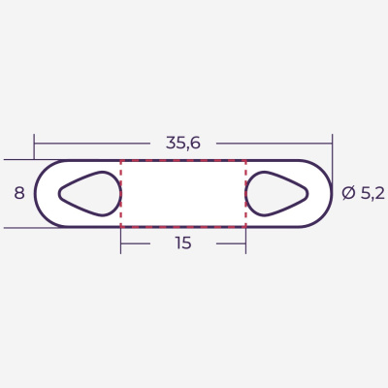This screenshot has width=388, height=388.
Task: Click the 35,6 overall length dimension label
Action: (x=182, y=143)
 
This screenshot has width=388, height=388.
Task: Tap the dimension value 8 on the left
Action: (x=18, y=193)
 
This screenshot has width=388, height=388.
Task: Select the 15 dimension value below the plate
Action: (x=183, y=243)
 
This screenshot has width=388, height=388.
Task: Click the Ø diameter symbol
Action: (x=348, y=193)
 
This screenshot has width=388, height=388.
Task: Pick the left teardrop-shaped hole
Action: (x=91, y=193)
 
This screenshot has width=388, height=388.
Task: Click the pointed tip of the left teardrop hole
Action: (x=61, y=193)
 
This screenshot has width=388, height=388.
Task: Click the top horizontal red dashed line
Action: (x=183, y=160)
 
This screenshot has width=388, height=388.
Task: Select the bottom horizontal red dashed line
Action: (x=183, y=227)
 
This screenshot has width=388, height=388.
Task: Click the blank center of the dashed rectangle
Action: (x=183, y=193)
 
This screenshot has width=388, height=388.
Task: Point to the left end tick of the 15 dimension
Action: (x=121, y=243)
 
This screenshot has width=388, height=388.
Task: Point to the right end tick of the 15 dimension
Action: (x=246, y=243)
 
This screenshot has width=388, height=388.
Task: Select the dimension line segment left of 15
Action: (x=145, y=243)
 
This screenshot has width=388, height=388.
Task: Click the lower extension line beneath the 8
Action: (x=29, y=228)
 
